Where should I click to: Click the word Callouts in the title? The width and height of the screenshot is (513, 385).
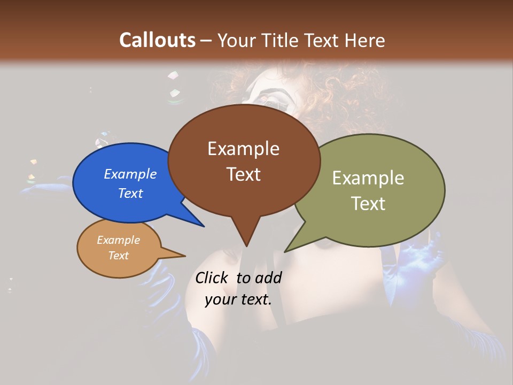click(157, 40)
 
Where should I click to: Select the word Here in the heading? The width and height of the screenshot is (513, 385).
click(365, 40)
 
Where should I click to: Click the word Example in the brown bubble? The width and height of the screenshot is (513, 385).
click(243, 149)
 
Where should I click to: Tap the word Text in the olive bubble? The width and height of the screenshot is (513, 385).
click(368, 204)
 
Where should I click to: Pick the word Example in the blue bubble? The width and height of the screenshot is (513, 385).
click(130, 174)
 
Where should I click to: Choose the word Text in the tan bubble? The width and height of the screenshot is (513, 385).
click(119, 256)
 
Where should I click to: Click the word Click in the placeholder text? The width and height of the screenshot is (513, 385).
click(213, 278)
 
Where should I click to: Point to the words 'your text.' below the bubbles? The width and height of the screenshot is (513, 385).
click(238, 299)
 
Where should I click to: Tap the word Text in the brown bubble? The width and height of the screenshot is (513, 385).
click(244, 174)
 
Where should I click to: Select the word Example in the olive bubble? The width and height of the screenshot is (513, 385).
click(368, 178)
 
